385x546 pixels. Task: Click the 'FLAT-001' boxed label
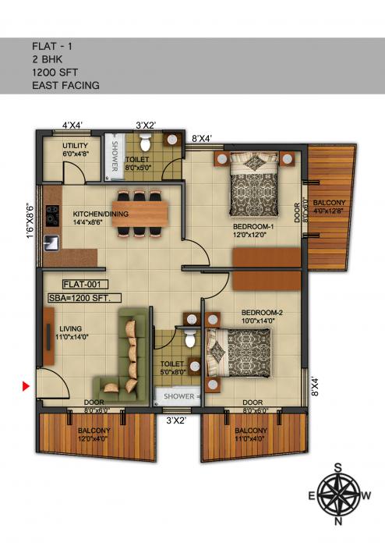(x=81, y=285)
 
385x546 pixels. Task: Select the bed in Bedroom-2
(x=242, y=353)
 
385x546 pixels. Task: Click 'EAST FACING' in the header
(x=65, y=84)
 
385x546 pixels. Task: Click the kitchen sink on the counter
(x=52, y=241)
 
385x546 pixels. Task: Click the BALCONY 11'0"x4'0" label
(x=252, y=435)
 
